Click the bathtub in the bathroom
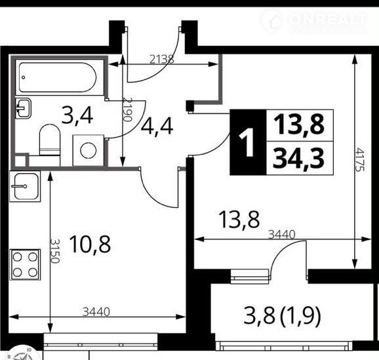57,77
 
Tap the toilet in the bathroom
50,145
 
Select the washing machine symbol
89,150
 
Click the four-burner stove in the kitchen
25,264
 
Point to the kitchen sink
25,186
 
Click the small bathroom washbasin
23,108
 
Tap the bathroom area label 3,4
77,116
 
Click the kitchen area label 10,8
90,244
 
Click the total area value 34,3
299,159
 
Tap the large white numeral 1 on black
247,142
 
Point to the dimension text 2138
162,59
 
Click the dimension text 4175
360,160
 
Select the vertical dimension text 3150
54,251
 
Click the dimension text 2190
128,110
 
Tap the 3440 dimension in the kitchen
96,312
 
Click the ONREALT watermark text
329,18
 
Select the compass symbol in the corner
21,354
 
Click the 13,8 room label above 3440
239,220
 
